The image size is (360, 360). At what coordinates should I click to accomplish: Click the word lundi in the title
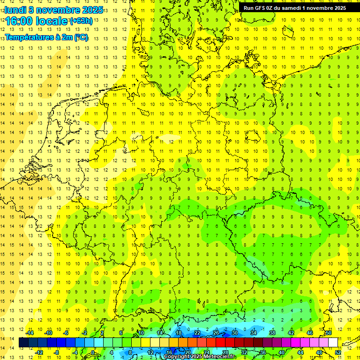point(15,10)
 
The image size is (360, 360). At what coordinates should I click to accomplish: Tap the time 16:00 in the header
point(18,21)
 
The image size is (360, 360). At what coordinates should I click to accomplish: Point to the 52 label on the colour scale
point(338,352)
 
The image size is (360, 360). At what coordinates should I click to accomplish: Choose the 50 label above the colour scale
point(329,333)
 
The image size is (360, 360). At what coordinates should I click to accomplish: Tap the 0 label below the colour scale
point(93,352)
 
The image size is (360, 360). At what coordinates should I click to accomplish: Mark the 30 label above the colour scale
point(234,333)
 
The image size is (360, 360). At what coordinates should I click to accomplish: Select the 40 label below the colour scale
point(281,352)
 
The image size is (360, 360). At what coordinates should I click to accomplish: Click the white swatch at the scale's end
point(333,343)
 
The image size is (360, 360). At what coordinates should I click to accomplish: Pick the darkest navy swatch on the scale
point(23,343)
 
